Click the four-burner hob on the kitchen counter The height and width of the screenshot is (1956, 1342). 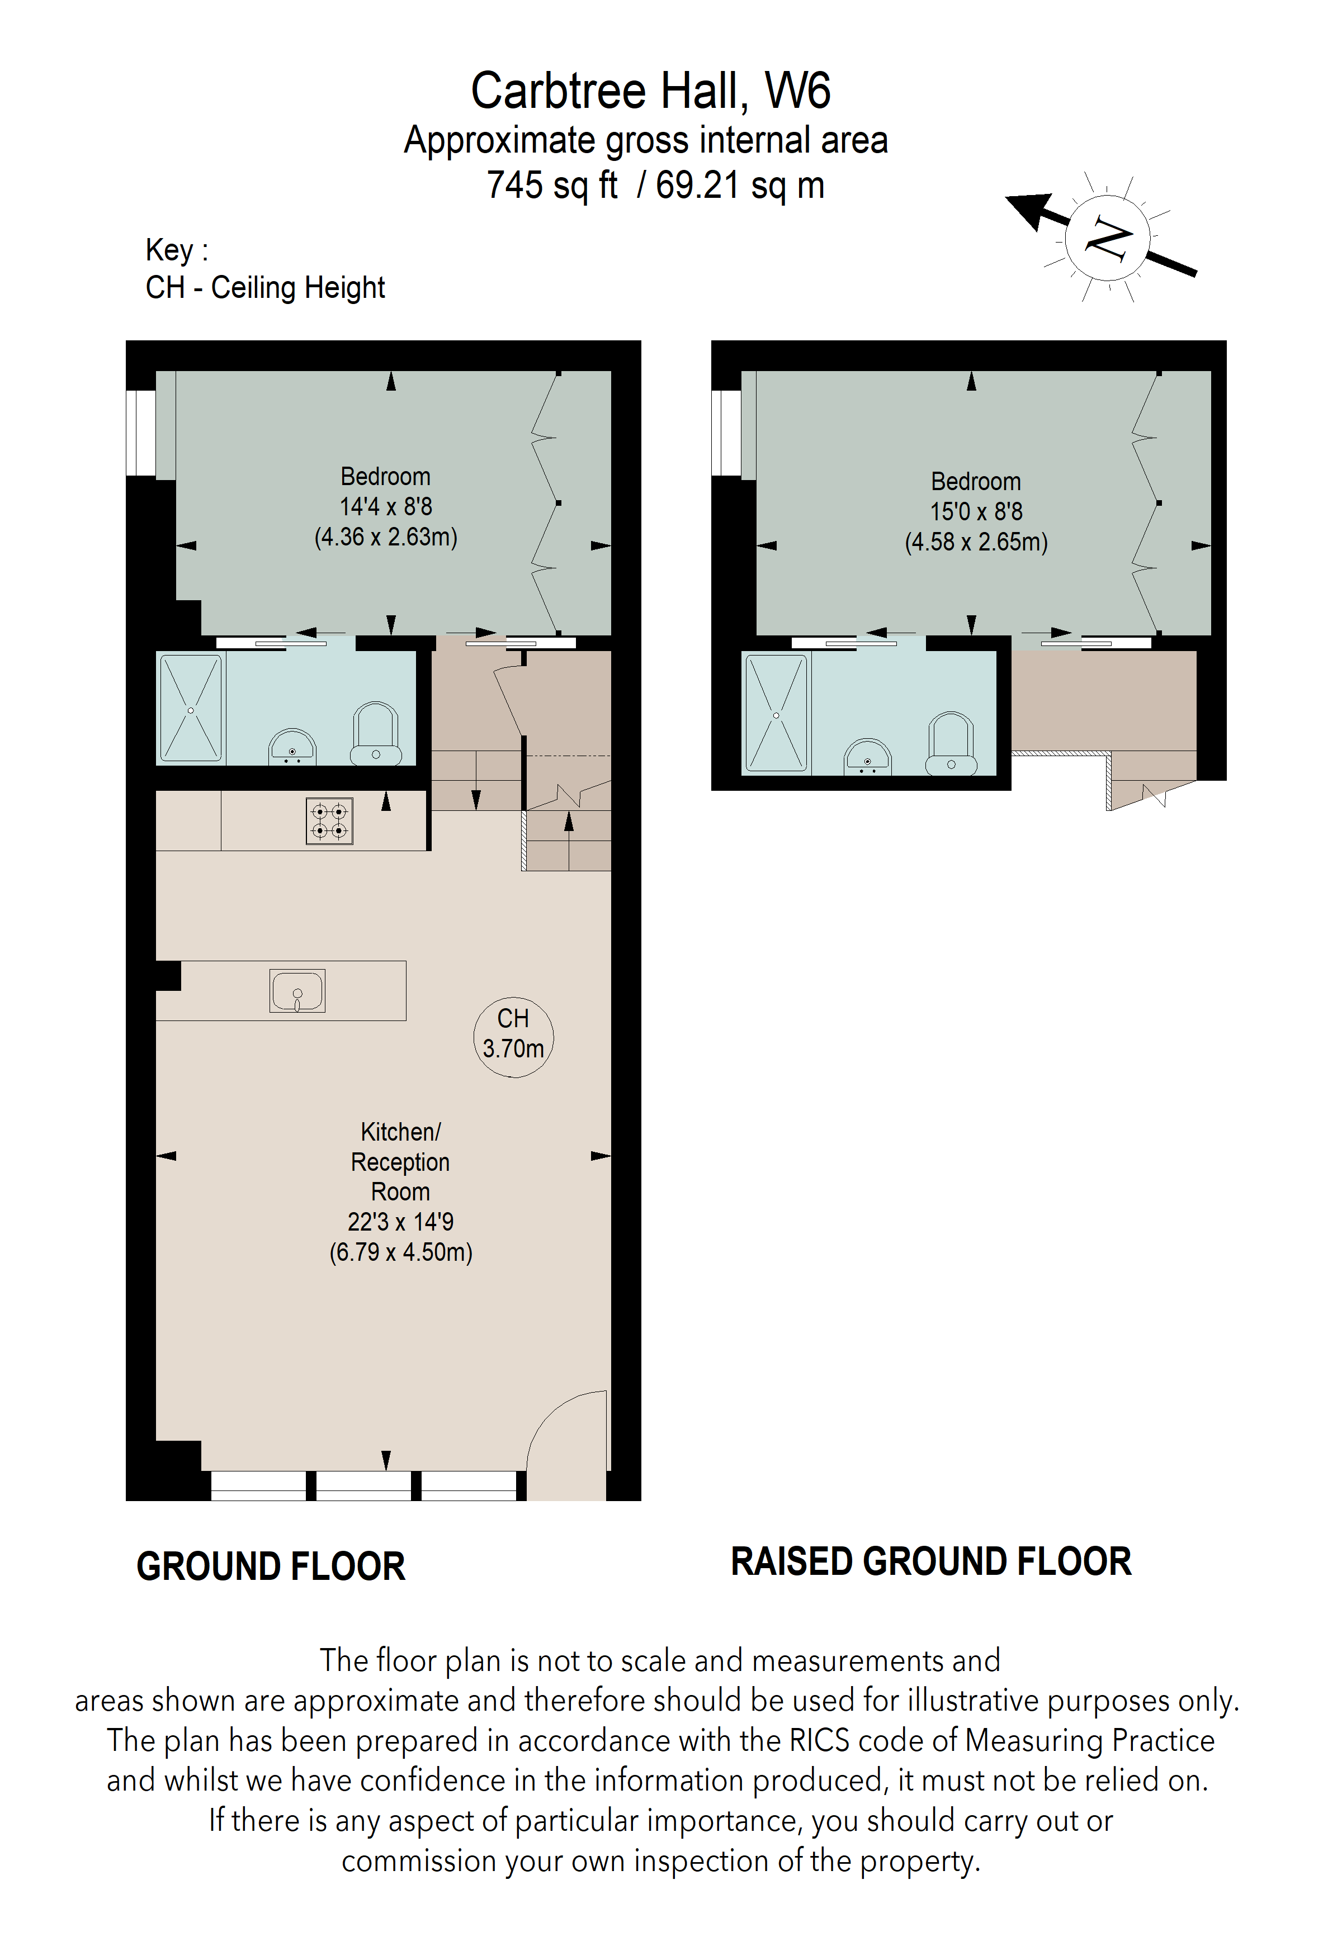[329, 820]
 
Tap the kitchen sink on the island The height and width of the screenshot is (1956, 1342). [297, 991]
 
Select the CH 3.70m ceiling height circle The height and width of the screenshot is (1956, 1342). [513, 1035]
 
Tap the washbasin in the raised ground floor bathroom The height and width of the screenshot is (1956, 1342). [867, 757]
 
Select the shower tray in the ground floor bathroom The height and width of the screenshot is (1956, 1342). [191, 709]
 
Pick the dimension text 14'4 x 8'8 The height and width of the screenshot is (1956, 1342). [386, 507]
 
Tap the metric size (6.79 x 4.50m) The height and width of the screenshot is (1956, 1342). [401, 1252]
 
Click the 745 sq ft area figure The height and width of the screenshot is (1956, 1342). [552, 185]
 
